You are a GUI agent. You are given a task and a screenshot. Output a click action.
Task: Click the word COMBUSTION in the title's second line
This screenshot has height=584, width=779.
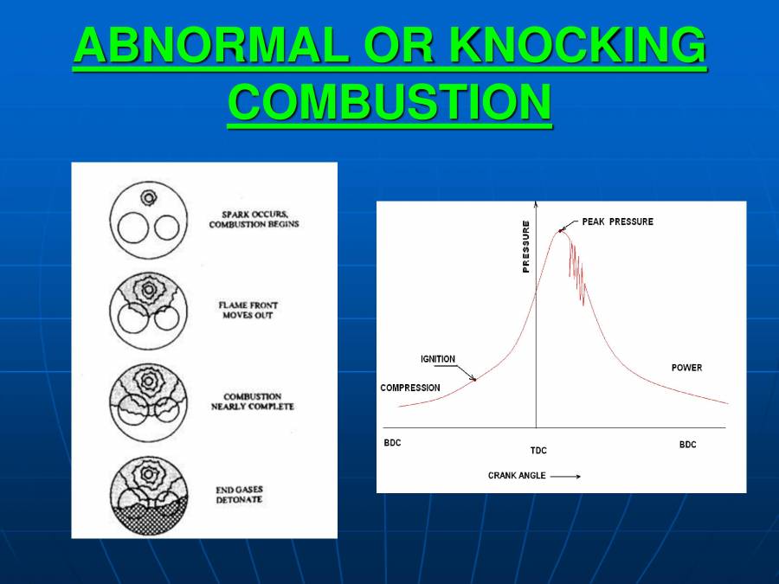tap(389, 102)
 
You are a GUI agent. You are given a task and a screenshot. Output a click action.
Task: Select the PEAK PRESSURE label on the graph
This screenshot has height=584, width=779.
tap(617, 222)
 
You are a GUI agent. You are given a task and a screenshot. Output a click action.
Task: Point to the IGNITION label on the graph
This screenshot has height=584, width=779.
tap(438, 359)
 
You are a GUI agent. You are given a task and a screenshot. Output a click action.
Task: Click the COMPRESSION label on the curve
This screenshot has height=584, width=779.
tap(410, 388)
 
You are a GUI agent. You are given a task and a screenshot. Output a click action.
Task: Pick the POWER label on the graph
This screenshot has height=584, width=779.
tap(686, 368)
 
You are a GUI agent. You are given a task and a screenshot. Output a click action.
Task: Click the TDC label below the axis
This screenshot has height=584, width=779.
tap(538, 451)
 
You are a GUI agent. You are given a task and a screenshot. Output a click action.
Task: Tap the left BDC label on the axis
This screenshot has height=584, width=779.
tap(392, 444)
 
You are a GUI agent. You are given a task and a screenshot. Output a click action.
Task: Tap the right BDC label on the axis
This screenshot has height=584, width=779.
tap(687, 445)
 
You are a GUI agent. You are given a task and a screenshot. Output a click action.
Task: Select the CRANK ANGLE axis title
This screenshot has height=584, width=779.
tap(517, 476)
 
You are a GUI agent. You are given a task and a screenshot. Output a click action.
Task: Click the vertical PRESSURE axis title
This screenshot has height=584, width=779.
tap(525, 247)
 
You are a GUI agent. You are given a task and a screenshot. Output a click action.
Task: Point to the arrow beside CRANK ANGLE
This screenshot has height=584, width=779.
tap(565, 476)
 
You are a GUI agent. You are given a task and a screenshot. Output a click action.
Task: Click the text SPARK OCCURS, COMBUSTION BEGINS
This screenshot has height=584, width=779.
tap(254, 219)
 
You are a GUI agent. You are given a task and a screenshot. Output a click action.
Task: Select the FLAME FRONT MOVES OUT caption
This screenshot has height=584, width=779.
tap(248, 310)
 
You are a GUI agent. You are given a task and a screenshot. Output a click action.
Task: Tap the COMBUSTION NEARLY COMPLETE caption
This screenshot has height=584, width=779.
tap(253, 401)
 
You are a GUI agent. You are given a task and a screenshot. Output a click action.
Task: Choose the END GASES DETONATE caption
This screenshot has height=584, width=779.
tap(239, 495)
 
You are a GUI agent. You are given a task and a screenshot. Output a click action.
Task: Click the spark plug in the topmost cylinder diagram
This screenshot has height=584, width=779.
tap(149, 198)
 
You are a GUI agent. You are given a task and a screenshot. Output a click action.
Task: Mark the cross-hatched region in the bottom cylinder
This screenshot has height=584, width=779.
tap(148, 520)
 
